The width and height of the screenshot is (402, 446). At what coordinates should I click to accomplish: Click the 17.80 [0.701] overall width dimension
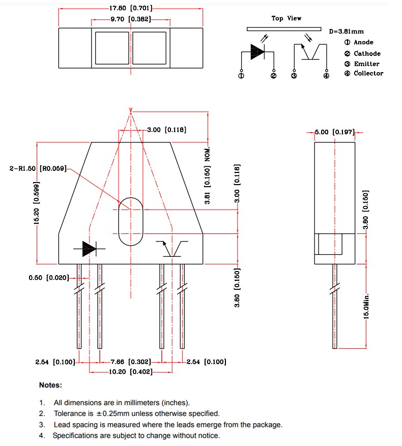point(131,9)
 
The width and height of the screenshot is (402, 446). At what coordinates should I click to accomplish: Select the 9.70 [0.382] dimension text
point(131,19)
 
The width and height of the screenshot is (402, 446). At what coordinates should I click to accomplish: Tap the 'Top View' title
point(286,18)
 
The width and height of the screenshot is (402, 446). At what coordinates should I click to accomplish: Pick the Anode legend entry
point(359,43)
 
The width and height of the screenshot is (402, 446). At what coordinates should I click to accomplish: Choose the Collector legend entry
point(363,74)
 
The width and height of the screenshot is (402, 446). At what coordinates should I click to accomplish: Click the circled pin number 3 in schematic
point(294,76)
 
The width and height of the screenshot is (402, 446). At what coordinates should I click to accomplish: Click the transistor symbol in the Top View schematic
point(310,52)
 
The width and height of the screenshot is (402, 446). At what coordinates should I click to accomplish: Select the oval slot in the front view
point(131,221)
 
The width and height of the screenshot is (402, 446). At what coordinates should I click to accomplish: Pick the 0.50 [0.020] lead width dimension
point(48,278)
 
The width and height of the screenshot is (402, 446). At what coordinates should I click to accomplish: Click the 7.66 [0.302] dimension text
point(131,362)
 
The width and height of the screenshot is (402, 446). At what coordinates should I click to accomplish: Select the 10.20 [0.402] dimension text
point(131,372)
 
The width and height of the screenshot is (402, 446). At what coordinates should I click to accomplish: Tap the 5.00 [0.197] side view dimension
point(334,132)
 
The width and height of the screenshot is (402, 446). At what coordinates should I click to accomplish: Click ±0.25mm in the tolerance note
point(105,413)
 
